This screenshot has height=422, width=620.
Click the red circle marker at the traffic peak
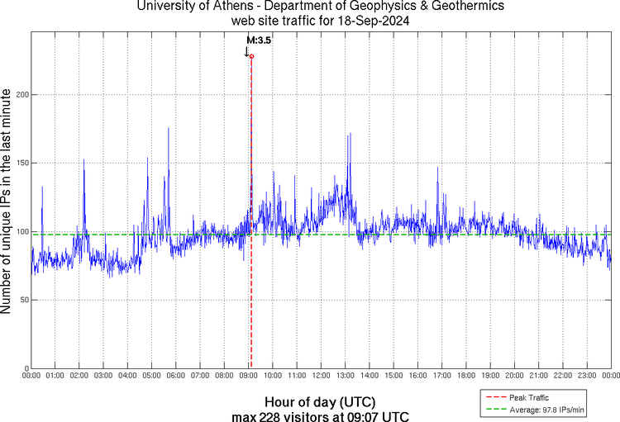tap(251, 56)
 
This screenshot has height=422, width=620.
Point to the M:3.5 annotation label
tap(259, 40)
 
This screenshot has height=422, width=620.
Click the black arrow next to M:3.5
tap(246, 51)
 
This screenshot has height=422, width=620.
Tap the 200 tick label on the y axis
tap(21, 95)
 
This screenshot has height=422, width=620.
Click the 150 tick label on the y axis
tap(21, 163)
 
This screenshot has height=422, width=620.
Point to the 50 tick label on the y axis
tap(23, 300)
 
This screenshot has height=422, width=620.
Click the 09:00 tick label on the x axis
tap(248, 377)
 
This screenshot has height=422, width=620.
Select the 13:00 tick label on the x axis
tap(345, 377)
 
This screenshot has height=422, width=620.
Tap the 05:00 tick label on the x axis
tap(151, 377)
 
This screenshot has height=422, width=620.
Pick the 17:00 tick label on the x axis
tap(441, 377)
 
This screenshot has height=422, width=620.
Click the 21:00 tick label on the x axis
tap(538, 377)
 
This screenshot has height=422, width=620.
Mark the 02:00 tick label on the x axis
tap(79, 377)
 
